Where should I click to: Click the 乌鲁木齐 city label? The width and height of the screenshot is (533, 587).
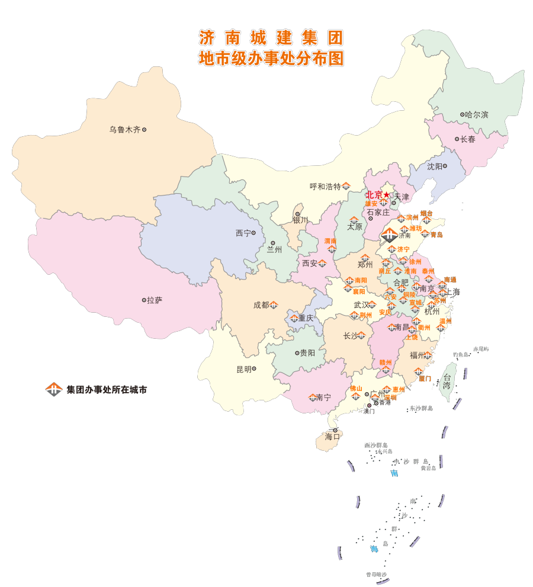click(124, 130)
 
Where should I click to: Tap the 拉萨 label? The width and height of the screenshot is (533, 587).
click(155, 300)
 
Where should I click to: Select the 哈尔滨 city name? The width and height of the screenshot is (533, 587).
click(477, 115)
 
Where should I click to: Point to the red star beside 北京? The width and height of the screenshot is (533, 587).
click(387, 194)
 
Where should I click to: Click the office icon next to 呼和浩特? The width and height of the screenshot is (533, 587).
click(346, 187)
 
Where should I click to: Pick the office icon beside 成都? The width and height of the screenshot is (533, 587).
click(274, 305)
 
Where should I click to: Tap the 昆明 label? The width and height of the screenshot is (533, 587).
click(244, 369)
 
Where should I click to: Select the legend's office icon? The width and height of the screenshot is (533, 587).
click(54, 389)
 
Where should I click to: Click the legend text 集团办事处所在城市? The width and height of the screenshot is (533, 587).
click(106, 390)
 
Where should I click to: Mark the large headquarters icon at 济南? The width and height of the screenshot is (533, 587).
click(389, 235)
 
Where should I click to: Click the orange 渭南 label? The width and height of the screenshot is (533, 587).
click(330, 241)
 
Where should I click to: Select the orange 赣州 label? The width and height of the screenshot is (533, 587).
click(386, 362)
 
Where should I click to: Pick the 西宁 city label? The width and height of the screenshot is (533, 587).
click(243, 233)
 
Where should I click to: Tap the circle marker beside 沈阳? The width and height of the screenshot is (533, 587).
click(445, 166)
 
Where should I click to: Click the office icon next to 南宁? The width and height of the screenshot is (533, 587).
click(313, 397)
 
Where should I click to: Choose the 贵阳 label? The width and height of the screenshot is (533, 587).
click(307, 353)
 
